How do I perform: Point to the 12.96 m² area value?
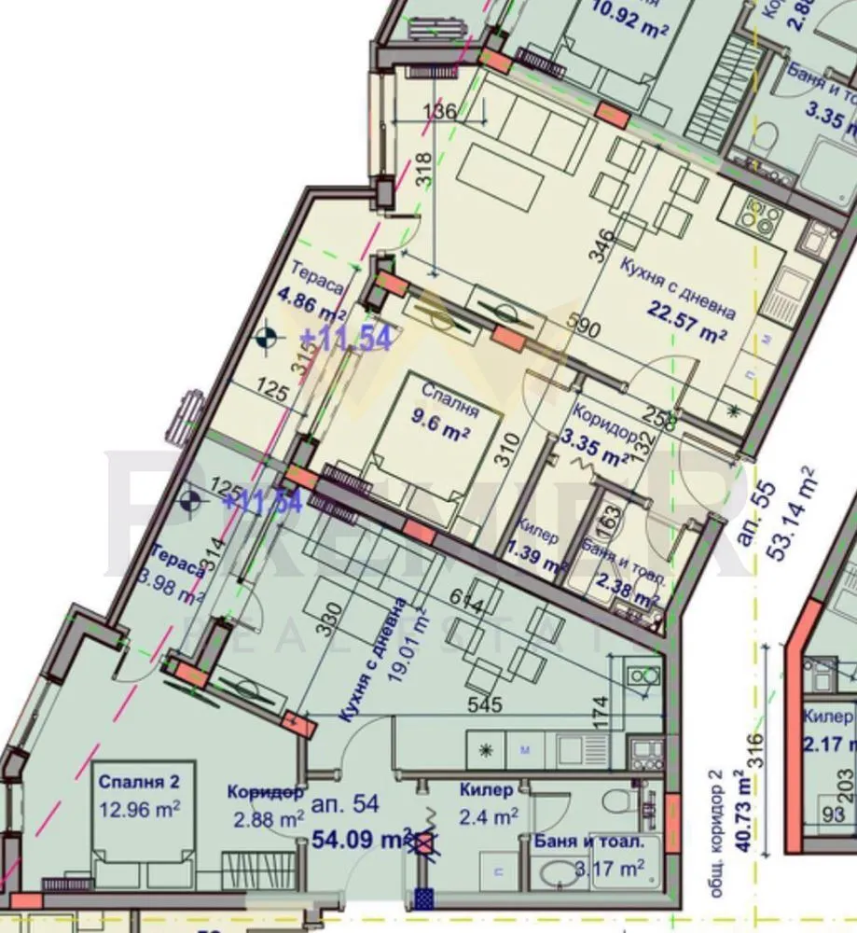(139, 806)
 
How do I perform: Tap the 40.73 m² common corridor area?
(743, 812)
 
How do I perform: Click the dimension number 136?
(440, 111)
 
